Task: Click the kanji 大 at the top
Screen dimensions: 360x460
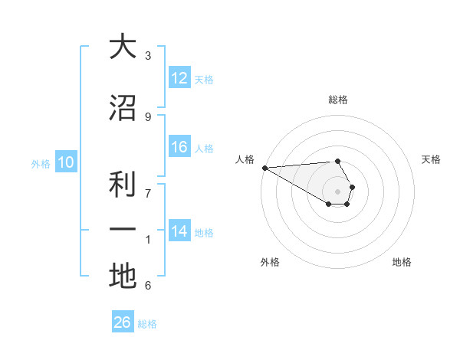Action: click(122, 47)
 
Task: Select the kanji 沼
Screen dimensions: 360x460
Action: click(122, 108)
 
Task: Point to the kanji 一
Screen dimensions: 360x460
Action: click(122, 229)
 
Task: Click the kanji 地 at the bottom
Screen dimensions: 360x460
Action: click(122, 277)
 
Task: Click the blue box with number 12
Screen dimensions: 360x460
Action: click(179, 78)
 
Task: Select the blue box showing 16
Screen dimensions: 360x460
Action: click(179, 148)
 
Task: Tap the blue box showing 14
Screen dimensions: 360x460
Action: click(179, 232)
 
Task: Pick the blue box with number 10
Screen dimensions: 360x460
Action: click(65, 162)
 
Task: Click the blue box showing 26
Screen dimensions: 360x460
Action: click(123, 322)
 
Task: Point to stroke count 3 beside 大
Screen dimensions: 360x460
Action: click(148, 55)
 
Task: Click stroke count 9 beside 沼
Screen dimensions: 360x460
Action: click(148, 116)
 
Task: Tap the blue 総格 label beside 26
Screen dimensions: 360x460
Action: click(147, 324)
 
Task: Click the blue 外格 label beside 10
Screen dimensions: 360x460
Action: click(41, 163)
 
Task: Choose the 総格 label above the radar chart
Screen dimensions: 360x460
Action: click(338, 100)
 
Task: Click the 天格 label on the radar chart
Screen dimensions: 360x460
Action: click(432, 159)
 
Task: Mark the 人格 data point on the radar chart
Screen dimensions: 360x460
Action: click(264, 167)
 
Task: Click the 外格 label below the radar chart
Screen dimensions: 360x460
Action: click(270, 262)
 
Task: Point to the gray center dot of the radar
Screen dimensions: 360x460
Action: click(338, 191)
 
